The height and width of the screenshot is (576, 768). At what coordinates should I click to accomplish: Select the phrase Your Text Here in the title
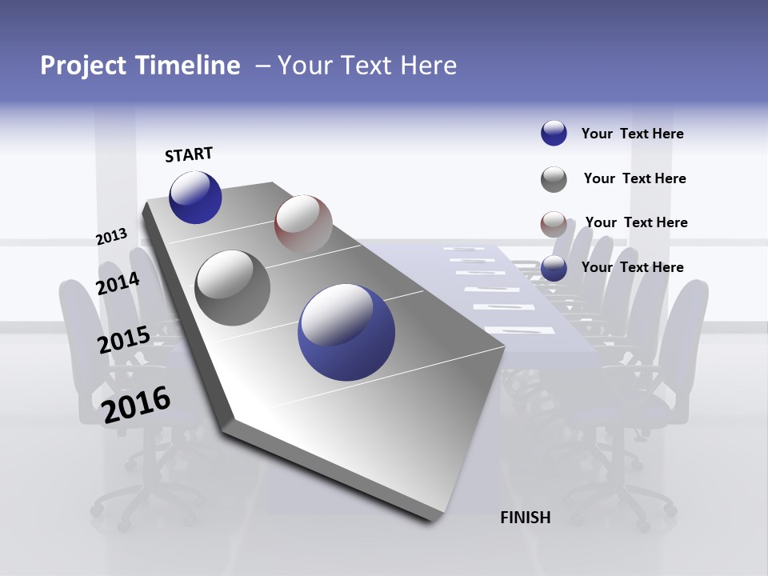(367, 66)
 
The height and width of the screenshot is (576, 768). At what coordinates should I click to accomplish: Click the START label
(189, 154)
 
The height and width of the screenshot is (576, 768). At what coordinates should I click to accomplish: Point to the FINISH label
(525, 518)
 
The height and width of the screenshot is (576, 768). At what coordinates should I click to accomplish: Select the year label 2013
(111, 237)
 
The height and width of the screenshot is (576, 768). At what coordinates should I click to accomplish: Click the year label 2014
(118, 283)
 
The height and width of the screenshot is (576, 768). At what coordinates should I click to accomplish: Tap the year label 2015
(124, 340)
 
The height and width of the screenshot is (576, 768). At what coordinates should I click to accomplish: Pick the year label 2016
(136, 404)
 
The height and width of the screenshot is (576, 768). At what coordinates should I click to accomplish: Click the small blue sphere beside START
(195, 198)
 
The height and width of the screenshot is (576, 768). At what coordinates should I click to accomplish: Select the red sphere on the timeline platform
(303, 224)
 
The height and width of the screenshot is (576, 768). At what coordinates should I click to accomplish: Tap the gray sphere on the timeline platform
(232, 288)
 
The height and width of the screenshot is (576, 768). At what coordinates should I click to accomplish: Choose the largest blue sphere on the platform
(346, 332)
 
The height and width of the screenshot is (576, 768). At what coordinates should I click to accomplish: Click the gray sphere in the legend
(554, 179)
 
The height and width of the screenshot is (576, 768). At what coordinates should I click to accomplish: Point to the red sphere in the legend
(554, 224)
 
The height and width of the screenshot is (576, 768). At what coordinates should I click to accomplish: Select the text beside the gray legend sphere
(634, 178)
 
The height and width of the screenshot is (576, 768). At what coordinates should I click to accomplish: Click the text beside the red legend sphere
(636, 222)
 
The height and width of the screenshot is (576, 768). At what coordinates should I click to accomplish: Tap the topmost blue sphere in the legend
(554, 134)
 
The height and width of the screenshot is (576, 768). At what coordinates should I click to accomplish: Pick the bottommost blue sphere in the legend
(554, 268)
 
